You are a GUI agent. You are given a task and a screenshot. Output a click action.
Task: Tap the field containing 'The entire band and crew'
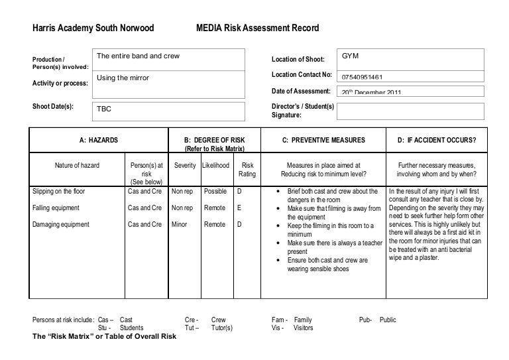(x=170, y=57)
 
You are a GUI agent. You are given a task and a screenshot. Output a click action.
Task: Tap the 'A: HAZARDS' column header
(x=99, y=140)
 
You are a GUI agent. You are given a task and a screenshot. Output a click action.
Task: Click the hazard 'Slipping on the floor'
(x=59, y=192)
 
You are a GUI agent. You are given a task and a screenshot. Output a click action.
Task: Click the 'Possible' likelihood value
(x=215, y=192)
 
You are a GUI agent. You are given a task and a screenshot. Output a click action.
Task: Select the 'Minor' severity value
(x=180, y=224)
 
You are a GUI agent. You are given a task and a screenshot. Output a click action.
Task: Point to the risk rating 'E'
(x=239, y=208)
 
